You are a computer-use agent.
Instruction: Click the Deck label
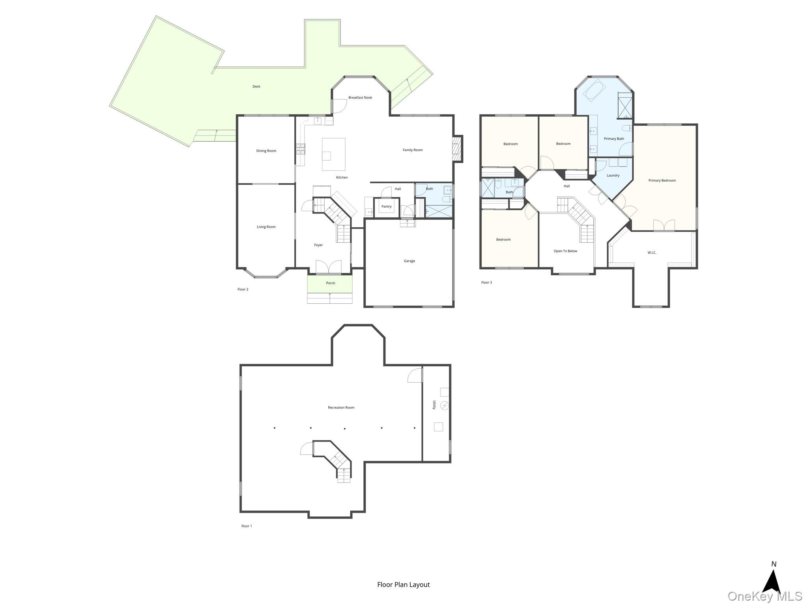pyautogui.click(x=256, y=87)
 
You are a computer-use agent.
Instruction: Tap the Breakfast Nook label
pyautogui.click(x=360, y=98)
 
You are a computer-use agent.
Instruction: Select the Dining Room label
pyautogui.click(x=266, y=151)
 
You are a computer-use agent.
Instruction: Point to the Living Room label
pyautogui.click(x=266, y=227)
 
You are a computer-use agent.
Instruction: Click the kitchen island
pyautogui.click(x=334, y=154)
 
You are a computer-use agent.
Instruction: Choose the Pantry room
pyautogui.click(x=387, y=207)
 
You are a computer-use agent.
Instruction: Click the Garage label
pyautogui.click(x=409, y=261)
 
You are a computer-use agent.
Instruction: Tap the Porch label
pyautogui.click(x=331, y=283)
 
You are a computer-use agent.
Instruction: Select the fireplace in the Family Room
pyautogui.click(x=457, y=148)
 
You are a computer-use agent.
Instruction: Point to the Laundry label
pyautogui.click(x=613, y=176)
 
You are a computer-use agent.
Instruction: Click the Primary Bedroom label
pyautogui.click(x=662, y=181)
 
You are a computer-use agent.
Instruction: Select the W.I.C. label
pyautogui.click(x=652, y=253)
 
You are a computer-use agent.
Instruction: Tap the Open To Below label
pyautogui.click(x=565, y=251)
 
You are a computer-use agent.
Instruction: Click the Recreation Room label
pyautogui.click(x=341, y=408)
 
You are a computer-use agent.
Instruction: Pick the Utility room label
pyautogui.click(x=434, y=405)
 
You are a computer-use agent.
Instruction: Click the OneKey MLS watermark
pyautogui.click(x=765, y=596)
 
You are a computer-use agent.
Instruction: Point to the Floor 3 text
pyautogui.click(x=487, y=283)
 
